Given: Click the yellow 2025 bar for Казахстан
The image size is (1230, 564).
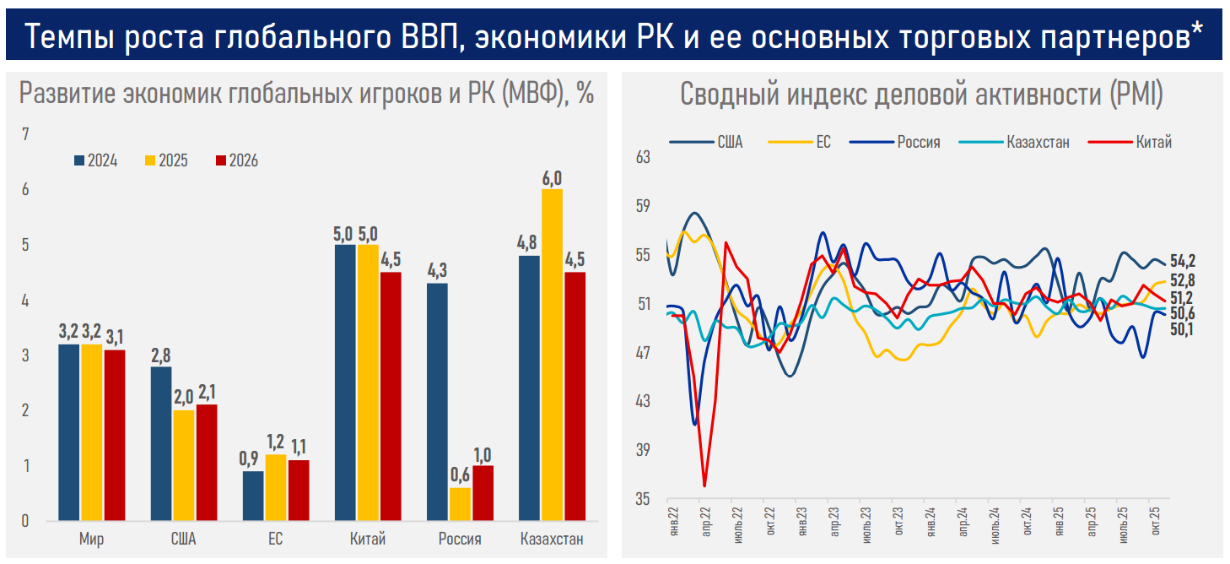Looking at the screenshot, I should [x=553, y=355].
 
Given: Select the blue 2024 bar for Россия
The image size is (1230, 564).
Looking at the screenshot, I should [x=438, y=402].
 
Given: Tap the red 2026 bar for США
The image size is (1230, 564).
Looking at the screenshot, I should [x=206, y=463].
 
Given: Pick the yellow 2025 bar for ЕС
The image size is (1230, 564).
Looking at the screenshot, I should [x=277, y=487].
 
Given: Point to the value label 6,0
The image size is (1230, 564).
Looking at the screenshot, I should [x=553, y=178].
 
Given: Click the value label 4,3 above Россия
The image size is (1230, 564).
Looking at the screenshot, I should [x=438, y=272].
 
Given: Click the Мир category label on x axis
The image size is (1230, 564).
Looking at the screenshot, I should [x=92, y=539].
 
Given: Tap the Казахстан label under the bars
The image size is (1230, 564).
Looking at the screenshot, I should [x=552, y=539].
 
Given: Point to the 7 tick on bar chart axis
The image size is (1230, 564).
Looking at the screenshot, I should [x=25, y=134].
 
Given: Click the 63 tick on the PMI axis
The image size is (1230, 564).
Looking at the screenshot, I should [x=644, y=157].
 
